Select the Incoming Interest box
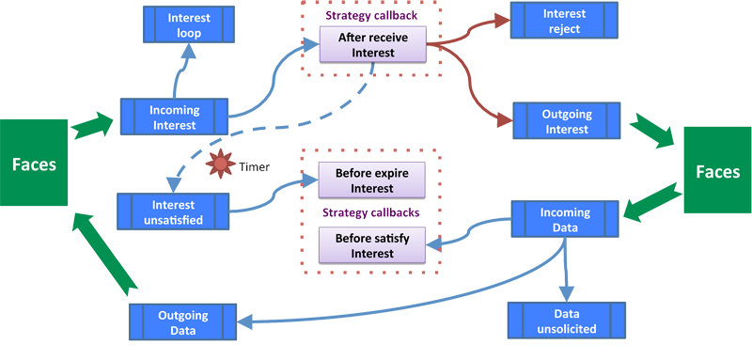[174, 117]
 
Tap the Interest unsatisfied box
[174, 212]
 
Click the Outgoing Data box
[183, 321]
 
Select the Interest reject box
[564, 22]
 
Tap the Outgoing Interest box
[567, 121]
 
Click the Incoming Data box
[565, 219]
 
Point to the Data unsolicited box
[565, 321]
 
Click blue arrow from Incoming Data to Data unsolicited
[567, 273]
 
